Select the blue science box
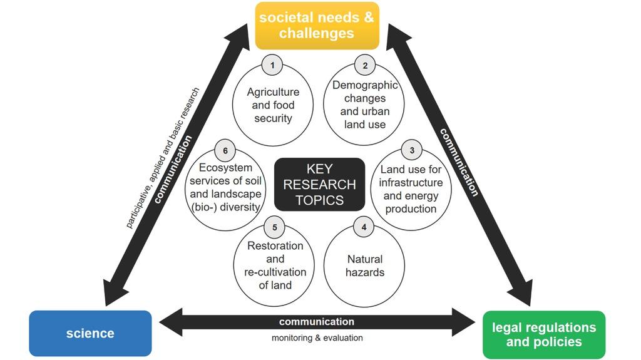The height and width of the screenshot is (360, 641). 90,333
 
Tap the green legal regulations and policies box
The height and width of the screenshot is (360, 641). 544,334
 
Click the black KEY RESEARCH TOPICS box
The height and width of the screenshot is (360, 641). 320,184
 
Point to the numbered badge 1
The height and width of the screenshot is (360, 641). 272,65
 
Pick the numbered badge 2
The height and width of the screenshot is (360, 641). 364,65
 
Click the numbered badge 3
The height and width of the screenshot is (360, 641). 411,150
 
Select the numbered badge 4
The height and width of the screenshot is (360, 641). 364,227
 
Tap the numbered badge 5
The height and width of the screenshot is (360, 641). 274,227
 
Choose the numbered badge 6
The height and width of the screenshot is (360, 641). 225,150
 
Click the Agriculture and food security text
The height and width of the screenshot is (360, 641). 273,105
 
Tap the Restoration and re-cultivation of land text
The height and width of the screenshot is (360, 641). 275,265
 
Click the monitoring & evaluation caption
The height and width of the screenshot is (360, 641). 317,338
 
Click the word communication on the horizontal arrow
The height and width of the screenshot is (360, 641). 316,322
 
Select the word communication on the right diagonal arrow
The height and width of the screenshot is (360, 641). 459,162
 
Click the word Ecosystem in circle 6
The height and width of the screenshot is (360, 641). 225,168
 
